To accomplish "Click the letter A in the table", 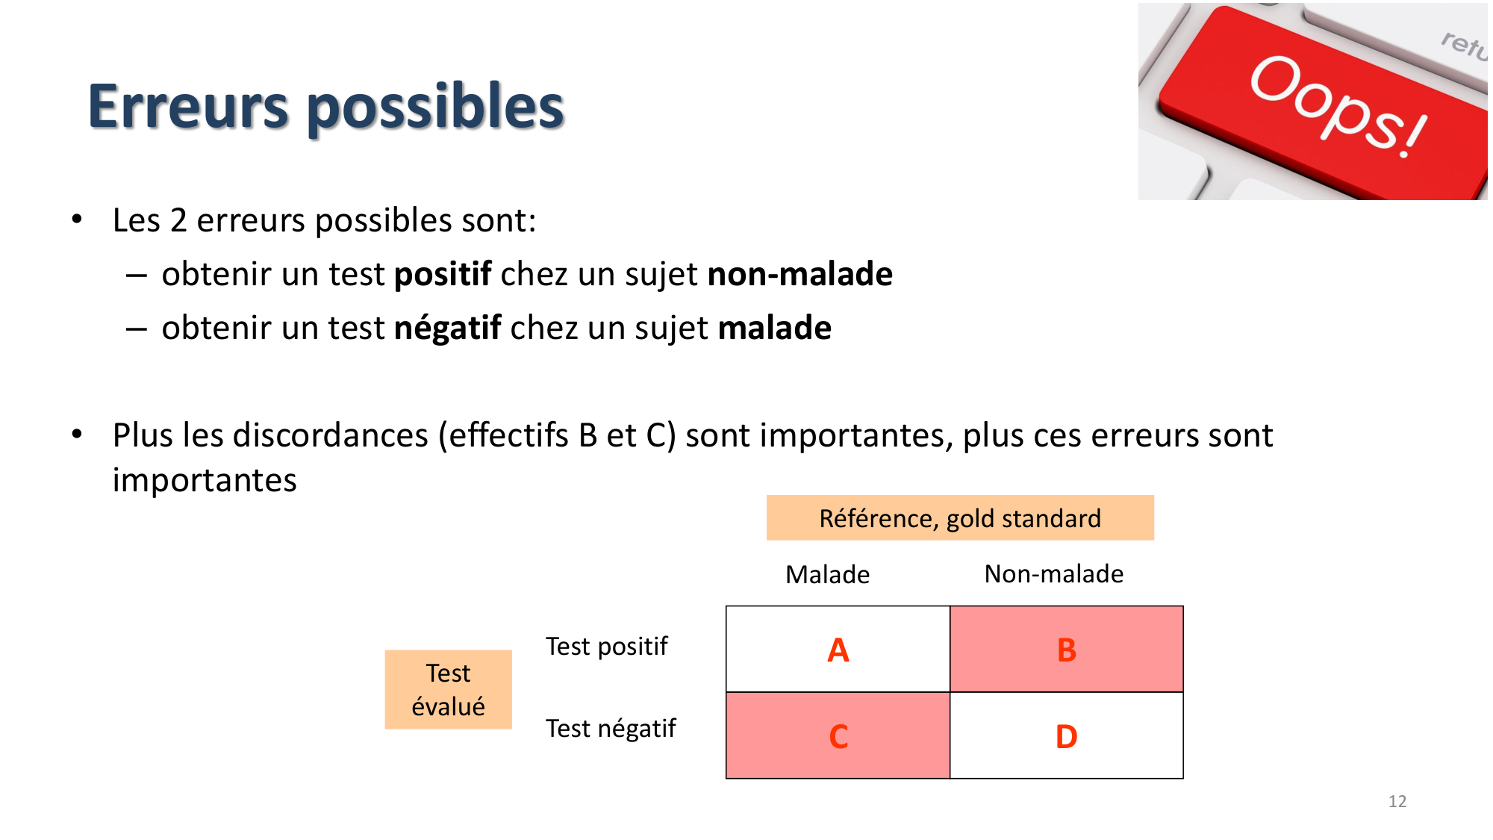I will point(838,650).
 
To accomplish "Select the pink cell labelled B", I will point(1066,650).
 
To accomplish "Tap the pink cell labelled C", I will point(838,736).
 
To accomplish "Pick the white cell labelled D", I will point(1066,736).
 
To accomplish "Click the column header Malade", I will point(827,574).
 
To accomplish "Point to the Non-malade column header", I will point(1053,573).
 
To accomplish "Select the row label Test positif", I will point(606,646).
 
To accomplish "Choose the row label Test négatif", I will point(610,728).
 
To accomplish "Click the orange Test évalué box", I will point(448,689).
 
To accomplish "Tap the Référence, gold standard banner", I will point(959,517).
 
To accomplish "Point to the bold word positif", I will point(442,274).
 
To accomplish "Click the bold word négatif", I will point(447,328).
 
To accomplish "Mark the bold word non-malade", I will point(800,274).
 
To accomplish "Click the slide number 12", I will point(1397,801).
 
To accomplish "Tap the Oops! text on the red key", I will point(1336,105).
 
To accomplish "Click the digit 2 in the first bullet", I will point(178,220).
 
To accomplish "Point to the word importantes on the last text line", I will point(205,480).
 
